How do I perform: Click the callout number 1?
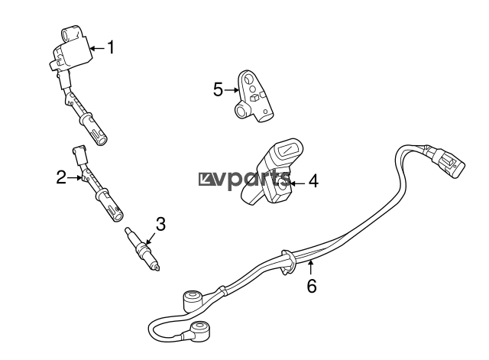(x=111, y=47)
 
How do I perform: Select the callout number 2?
(x=61, y=177)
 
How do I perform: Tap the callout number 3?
(x=160, y=224)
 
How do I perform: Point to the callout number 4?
(x=314, y=181)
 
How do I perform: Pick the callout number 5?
(x=219, y=89)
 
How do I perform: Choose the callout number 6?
(x=312, y=286)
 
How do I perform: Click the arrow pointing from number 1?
(x=98, y=48)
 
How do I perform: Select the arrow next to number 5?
(x=232, y=90)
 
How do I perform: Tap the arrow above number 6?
(x=310, y=268)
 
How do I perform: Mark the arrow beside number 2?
(x=75, y=178)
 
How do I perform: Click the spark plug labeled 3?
(x=142, y=249)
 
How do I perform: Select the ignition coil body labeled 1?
(x=73, y=49)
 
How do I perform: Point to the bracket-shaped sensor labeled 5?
(x=253, y=96)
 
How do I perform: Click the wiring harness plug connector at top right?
(x=449, y=161)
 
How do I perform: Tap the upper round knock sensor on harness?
(x=192, y=300)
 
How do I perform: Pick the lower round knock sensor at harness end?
(x=200, y=330)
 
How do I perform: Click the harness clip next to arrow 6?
(x=289, y=262)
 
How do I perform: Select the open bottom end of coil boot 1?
(x=102, y=141)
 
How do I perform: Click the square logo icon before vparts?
(x=204, y=180)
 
